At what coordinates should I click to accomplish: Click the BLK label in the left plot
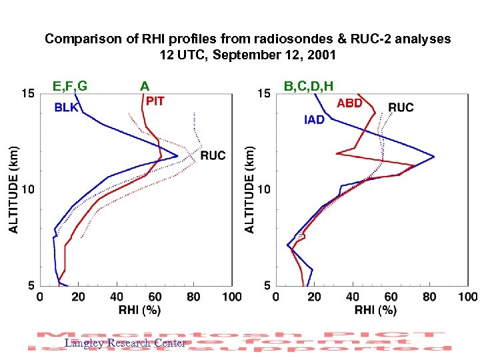(67, 107)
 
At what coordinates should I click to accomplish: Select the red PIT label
(155, 101)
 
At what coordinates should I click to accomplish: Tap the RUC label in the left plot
(213, 155)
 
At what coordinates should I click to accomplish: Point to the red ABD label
(349, 103)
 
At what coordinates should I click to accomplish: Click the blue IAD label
(313, 120)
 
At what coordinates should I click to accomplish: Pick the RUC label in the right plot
(401, 107)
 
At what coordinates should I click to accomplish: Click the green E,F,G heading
(70, 86)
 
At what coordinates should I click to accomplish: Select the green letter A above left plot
(145, 86)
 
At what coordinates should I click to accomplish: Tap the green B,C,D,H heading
(308, 86)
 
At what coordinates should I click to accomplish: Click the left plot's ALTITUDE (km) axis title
(14, 190)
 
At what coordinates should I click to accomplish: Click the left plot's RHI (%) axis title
(139, 310)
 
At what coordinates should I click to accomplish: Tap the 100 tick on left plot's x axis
(231, 297)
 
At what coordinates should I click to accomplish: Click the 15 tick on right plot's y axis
(265, 94)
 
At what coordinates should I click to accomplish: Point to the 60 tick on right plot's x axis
(391, 297)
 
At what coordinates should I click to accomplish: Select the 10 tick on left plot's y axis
(28, 190)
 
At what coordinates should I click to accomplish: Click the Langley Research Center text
(125, 343)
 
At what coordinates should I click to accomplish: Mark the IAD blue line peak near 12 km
(434, 157)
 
